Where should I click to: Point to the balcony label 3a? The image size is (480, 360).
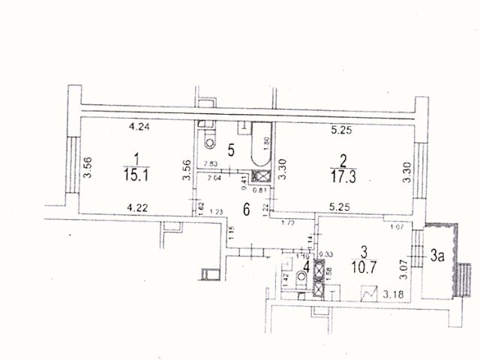click(x=438, y=257)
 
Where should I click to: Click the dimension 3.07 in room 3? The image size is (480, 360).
click(x=403, y=263)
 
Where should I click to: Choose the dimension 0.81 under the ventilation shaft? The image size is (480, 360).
click(x=262, y=189)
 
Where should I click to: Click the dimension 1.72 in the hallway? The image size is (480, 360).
click(x=287, y=223)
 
